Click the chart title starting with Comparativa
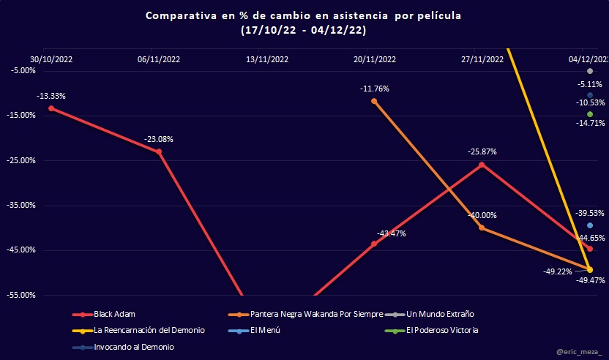point(303,15)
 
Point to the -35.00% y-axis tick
point(22,205)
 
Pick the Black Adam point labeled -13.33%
point(51,108)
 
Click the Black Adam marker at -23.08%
point(159,151)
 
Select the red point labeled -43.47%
point(374,244)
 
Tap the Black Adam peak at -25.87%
point(481,165)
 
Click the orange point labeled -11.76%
point(374,101)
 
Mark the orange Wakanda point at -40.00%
point(481,228)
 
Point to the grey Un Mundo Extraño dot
point(590,70)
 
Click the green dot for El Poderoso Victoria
point(590,114)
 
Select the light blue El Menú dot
point(590,225)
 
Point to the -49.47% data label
point(590,280)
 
